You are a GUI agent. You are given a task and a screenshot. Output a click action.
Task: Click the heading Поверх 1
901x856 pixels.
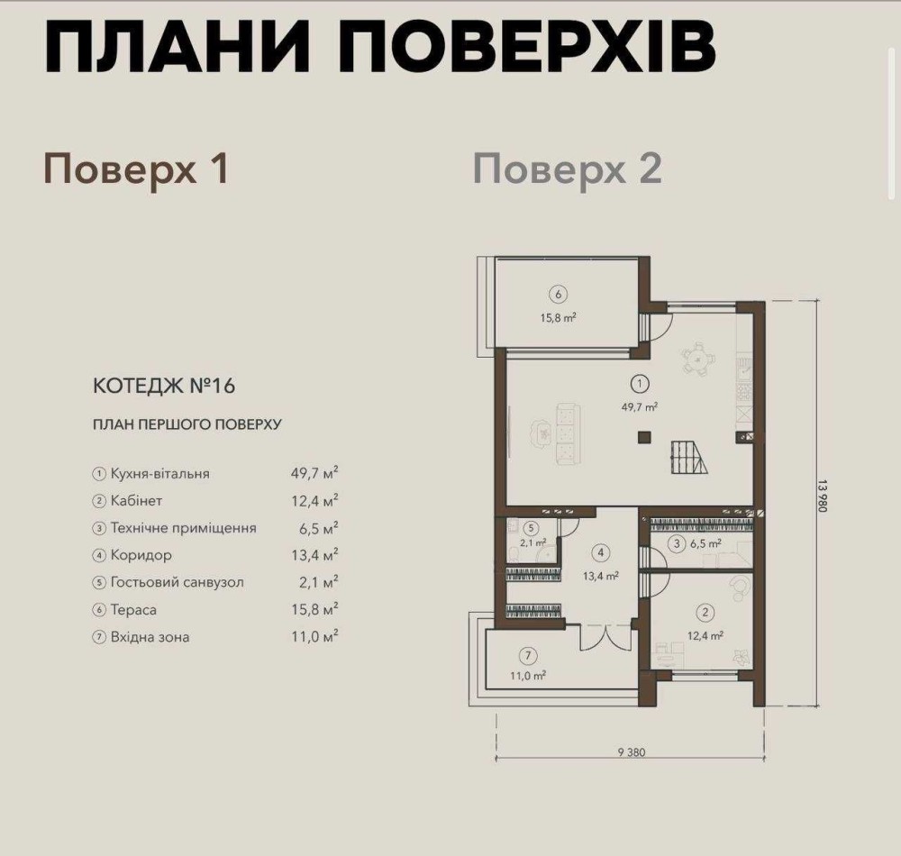137,169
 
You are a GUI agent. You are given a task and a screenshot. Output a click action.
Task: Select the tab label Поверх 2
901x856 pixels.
567,169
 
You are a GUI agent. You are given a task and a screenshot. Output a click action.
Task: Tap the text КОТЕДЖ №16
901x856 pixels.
164,386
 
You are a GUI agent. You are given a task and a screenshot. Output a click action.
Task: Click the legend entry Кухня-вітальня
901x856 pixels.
160,474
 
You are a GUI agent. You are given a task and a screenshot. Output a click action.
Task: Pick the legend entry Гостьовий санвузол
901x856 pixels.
177,582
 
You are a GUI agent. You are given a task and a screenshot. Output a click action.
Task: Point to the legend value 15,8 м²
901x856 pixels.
314,609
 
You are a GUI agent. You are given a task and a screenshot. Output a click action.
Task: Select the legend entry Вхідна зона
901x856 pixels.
150,636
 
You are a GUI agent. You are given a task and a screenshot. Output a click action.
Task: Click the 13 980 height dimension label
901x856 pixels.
823,496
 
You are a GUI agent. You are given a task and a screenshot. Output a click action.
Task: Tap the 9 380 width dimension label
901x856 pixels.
632,752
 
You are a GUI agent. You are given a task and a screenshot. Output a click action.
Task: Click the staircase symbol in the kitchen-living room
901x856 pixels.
688,458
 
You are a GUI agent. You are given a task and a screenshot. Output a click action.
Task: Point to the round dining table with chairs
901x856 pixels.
697,360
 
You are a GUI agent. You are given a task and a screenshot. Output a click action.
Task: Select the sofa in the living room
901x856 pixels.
567,433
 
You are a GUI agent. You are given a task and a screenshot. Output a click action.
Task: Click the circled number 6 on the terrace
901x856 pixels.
559,295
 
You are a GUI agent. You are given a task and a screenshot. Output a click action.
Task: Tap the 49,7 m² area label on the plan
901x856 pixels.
640,406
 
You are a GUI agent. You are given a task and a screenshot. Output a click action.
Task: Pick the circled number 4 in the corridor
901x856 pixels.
600,552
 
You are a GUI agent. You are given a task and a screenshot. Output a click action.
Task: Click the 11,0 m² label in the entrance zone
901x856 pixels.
528,676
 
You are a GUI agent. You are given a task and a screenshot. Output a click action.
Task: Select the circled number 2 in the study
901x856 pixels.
705,613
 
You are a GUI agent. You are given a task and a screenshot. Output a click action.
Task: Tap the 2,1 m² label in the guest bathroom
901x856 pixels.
532,542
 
